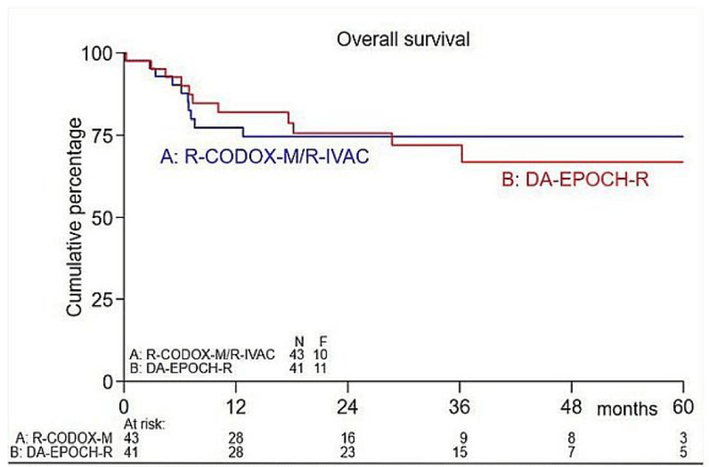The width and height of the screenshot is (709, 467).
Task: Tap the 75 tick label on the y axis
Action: point(104,135)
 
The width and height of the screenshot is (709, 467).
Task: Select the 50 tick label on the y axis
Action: point(104,217)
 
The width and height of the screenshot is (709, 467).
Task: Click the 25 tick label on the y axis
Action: point(104,300)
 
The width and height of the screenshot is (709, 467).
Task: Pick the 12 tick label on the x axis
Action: point(236,402)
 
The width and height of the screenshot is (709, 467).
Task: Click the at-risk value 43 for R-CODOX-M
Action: point(130,439)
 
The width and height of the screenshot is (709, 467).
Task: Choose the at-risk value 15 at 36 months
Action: point(460,454)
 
